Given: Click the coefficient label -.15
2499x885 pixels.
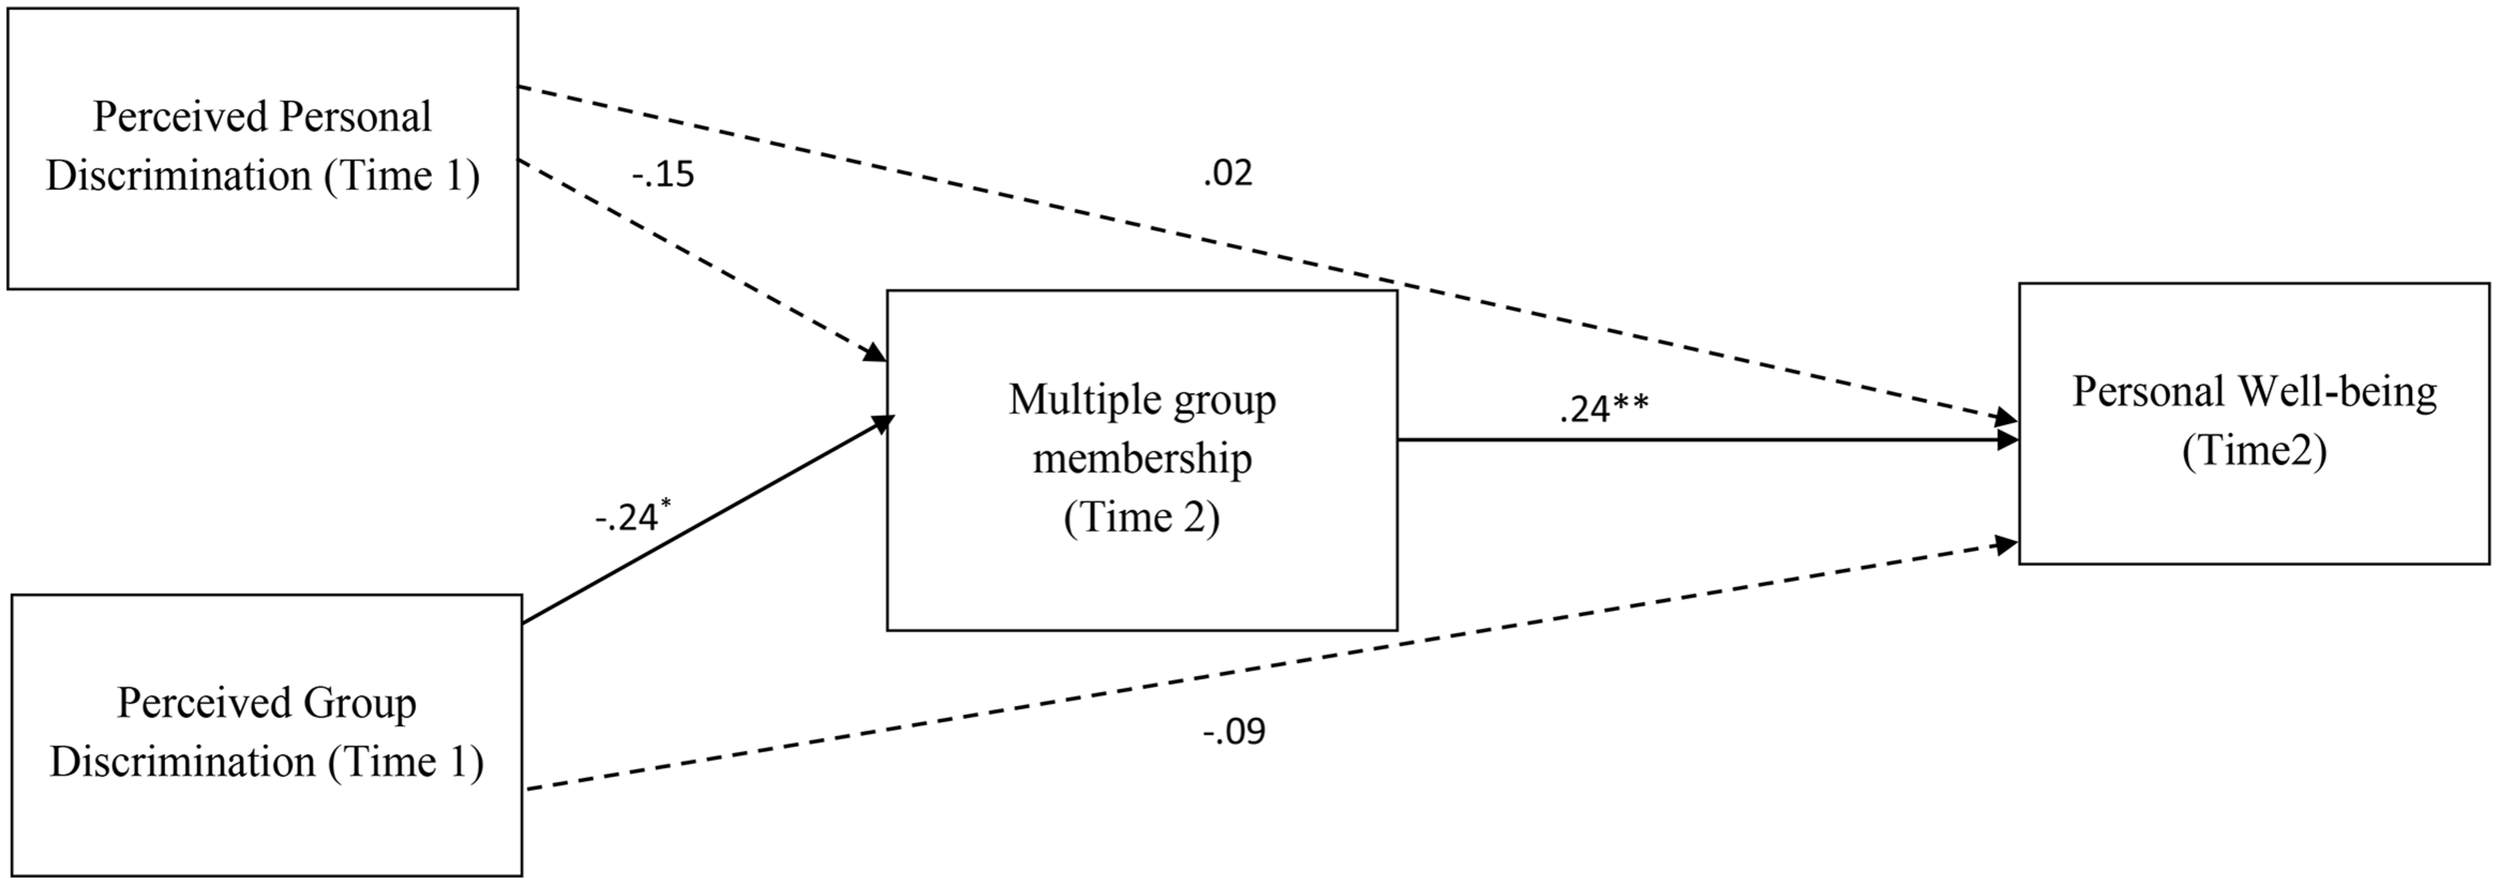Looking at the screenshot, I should (x=663, y=176).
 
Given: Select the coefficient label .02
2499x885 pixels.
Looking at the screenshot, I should (x=1228, y=174).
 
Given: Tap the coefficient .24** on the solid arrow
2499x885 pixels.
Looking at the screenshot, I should (x=1603, y=409).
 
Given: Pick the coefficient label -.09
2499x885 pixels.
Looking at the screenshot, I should (x=1235, y=732).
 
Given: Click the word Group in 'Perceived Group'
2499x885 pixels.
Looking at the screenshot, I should (x=362, y=703).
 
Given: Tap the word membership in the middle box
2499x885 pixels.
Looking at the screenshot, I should (x=1142, y=459).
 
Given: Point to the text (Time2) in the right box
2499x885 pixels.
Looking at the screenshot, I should (x=2254, y=451).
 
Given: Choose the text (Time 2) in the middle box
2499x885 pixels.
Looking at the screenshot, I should (x=1142, y=518).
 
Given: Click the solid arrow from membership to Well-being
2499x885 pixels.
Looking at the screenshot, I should (x=1699, y=440).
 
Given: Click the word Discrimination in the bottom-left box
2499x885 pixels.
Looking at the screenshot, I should (x=183, y=763).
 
